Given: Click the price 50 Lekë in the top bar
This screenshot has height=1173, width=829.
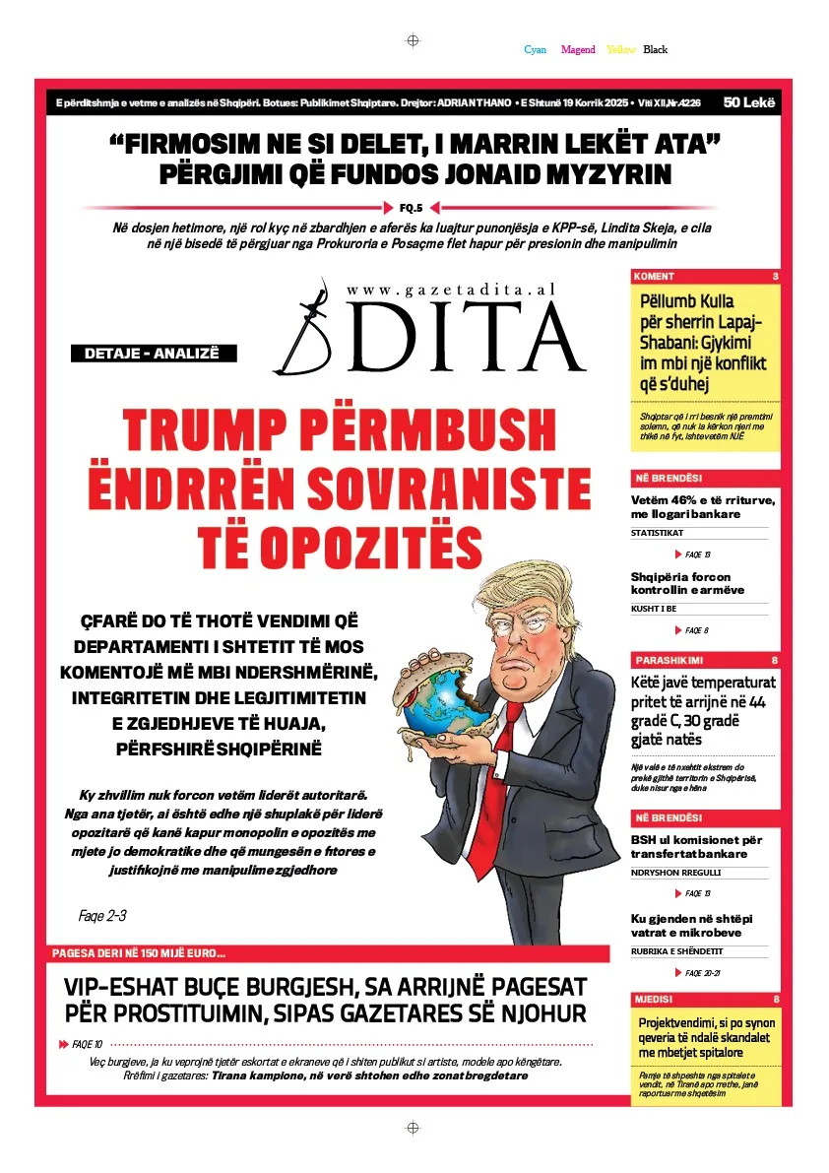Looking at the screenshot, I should [x=749, y=102].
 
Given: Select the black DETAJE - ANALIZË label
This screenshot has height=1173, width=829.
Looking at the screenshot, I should [x=145, y=354].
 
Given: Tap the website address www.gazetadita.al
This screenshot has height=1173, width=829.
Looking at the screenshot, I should [x=451, y=289].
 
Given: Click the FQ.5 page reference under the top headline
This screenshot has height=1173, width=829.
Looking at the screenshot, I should [x=411, y=208].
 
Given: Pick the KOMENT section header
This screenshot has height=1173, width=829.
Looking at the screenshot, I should [x=655, y=276].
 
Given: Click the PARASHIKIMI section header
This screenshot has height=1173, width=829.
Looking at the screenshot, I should [x=670, y=660].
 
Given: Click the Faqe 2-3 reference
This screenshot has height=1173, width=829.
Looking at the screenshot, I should [x=102, y=916].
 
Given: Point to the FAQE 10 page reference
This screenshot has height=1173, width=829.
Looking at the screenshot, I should [x=87, y=1044].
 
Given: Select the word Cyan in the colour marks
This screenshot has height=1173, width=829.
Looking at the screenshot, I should [x=536, y=49].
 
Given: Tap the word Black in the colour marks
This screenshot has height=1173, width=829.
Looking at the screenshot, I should [x=656, y=49].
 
